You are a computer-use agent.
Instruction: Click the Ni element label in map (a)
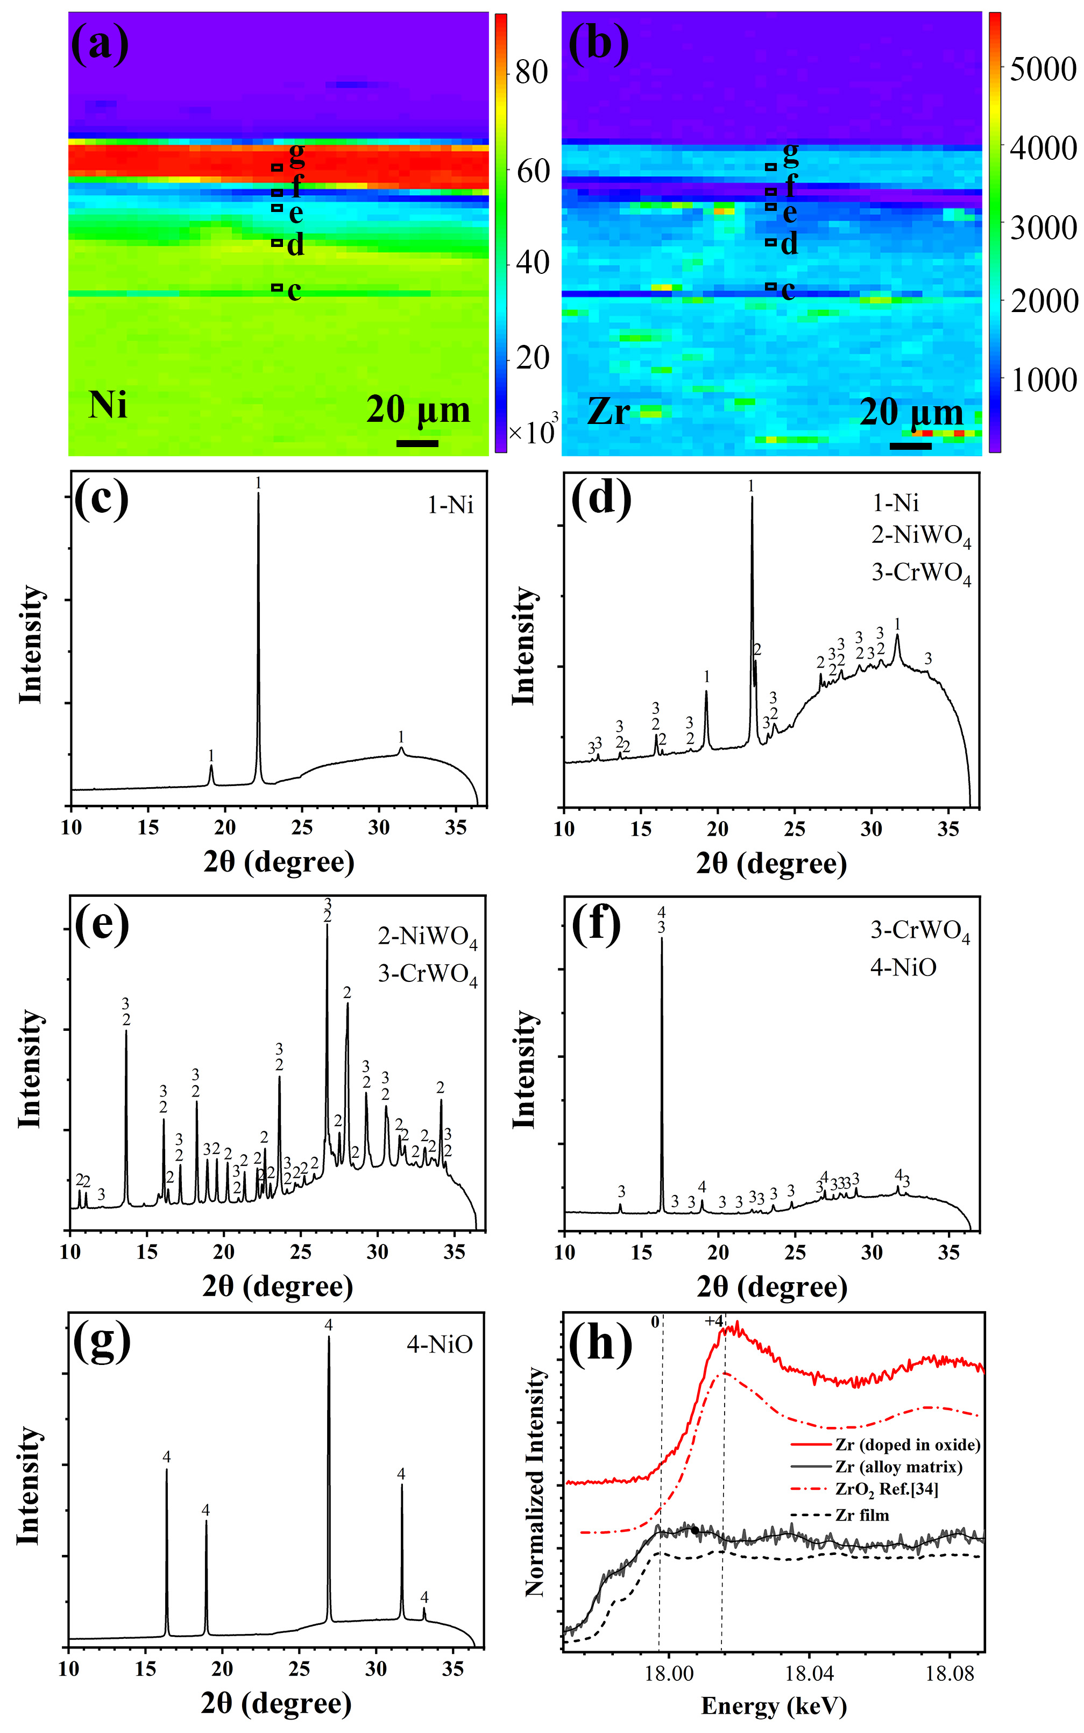(108, 405)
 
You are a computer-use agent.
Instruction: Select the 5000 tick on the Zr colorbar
(1043, 69)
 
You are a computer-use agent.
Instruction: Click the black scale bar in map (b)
(910, 446)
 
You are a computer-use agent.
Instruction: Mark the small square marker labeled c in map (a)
(277, 287)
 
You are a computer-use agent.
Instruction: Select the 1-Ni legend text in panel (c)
(450, 506)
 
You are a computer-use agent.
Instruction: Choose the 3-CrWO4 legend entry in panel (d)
(921, 573)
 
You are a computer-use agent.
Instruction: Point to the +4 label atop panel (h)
(714, 1321)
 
